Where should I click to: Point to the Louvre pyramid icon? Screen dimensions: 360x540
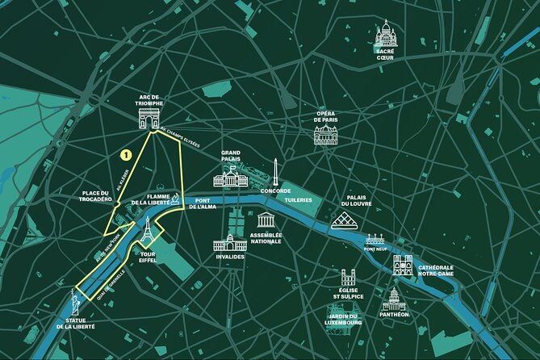click(x=345, y=220)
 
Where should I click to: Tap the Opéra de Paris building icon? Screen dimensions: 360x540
click(x=327, y=134)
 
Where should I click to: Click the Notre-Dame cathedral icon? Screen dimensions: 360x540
click(x=403, y=265)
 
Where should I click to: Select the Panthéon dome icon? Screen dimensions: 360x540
click(x=394, y=299)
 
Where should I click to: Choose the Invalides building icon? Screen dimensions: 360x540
click(x=230, y=241)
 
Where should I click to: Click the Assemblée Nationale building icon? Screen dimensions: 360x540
click(x=266, y=220)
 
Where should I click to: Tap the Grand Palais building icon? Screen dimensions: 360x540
click(x=231, y=178)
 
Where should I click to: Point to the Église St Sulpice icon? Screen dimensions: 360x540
click(x=348, y=278)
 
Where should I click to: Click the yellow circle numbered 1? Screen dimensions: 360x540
click(x=125, y=153)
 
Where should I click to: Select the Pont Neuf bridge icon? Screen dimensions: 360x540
click(x=375, y=239)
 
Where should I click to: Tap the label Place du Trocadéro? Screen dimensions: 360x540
click(x=101, y=196)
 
